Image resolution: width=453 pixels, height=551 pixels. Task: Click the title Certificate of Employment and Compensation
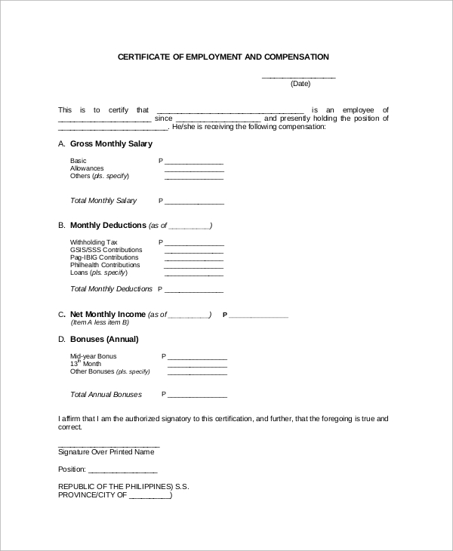point(223,57)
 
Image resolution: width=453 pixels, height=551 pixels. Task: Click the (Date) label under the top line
point(300,84)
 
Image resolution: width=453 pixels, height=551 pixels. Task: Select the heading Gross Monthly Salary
point(111,143)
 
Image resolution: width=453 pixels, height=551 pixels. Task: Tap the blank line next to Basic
point(194,162)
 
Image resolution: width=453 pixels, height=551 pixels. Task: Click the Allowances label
point(87,168)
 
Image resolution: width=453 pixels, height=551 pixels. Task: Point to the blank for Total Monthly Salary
point(194,202)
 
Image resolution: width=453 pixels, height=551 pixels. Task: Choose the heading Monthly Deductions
point(108,226)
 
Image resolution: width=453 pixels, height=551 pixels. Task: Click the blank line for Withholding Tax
point(194,244)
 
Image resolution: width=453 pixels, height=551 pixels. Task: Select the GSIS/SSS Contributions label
point(106,250)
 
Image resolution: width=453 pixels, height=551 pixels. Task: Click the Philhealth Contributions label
point(105,266)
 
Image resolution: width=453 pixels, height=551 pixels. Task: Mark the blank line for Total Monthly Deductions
point(194,291)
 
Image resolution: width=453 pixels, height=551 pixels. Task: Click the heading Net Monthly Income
point(107,314)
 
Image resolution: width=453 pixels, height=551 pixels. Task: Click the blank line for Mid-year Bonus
point(197,358)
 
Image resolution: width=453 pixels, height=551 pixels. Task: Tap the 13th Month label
point(85,364)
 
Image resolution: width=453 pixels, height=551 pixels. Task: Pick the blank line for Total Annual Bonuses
point(197,396)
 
